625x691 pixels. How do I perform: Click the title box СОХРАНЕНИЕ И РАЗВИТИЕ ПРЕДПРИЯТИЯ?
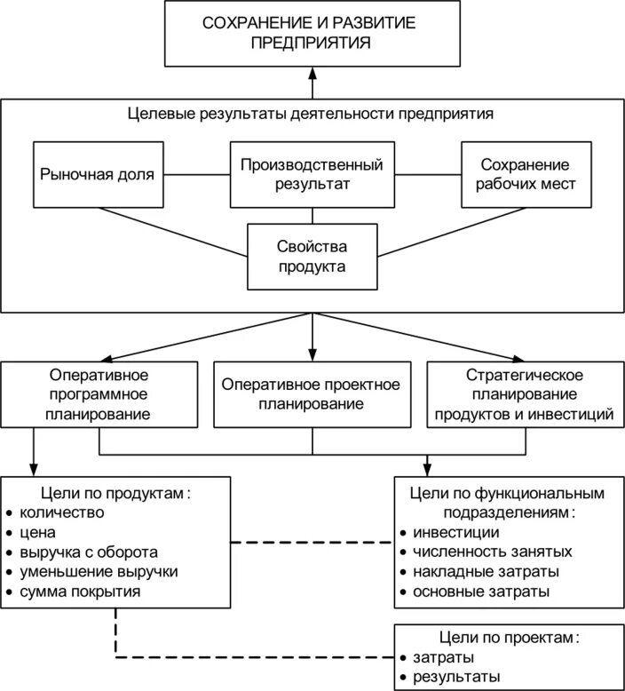[312, 32]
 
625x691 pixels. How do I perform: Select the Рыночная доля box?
[98, 174]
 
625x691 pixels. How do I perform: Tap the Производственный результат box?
[312, 174]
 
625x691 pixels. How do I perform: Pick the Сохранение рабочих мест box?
[525, 174]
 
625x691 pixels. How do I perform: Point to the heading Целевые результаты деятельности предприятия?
[311, 115]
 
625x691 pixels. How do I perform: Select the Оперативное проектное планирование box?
[312, 393]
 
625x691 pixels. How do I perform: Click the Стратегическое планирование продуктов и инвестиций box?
[525, 393]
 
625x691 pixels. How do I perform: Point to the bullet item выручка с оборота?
[88, 552]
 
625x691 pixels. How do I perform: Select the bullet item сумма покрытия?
[79, 591]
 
